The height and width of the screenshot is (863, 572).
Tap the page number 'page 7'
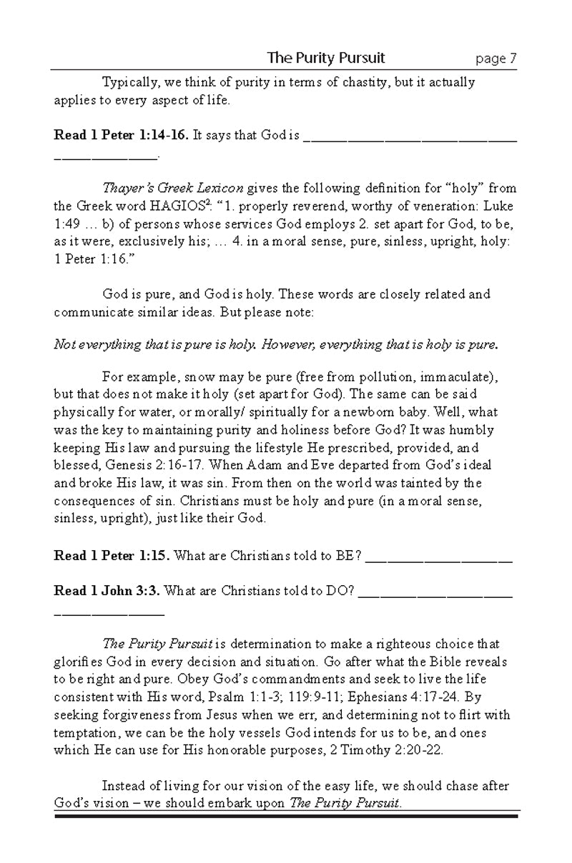[495, 59]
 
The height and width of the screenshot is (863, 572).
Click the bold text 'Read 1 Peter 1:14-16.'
[122, 135]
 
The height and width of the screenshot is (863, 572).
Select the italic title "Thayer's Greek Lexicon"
[173, 189]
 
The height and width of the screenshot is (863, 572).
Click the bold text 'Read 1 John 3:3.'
[108, 591]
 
